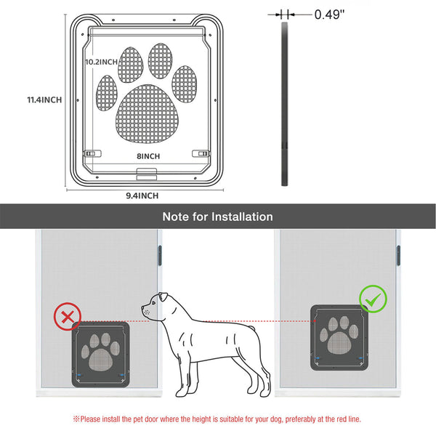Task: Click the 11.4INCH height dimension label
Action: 44,100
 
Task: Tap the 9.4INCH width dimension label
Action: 142,195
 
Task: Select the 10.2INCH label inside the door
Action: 101,62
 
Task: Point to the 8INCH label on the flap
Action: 148,156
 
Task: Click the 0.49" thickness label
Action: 329,15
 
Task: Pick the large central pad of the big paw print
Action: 147,114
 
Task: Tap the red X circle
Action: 68,316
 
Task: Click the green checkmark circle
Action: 373,299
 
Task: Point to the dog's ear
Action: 163,296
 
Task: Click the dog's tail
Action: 251,328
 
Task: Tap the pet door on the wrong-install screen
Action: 101,355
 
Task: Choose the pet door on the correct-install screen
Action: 339,338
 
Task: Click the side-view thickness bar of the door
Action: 284,104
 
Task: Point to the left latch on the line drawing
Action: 92,153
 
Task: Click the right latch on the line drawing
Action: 201,153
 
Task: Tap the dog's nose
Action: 142,308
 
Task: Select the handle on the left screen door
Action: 160,256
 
